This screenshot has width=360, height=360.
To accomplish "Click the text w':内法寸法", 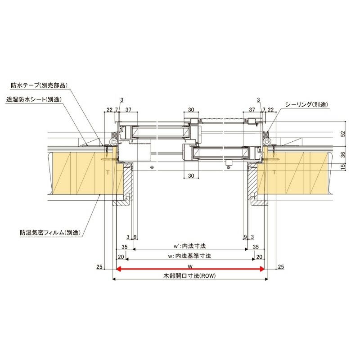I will [x=189, y=247].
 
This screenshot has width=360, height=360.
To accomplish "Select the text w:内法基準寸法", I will [x=189, y=256].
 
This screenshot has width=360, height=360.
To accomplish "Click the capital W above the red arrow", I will [x=190, y=265].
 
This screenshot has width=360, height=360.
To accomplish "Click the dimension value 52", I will [x=343, y=134].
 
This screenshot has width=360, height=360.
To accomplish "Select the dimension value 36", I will [x=343, y=155].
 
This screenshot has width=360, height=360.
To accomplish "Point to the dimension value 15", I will [x=343, y=167].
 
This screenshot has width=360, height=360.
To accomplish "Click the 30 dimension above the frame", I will [x=191, y=110].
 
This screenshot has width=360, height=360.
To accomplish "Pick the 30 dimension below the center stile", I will [x=191, y=175].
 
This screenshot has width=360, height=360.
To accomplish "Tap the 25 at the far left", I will [x=99, y=267].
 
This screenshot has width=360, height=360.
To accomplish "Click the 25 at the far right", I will [x=281, y=267].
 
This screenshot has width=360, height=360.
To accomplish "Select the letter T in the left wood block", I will [x=107, y=172].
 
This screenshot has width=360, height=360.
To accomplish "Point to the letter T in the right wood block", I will [x=274, y=172].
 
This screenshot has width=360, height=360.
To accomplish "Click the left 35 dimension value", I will [x=125, y=247].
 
